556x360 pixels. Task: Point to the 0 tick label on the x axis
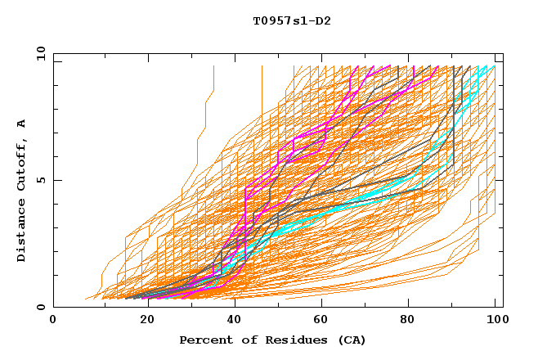click(54, 320)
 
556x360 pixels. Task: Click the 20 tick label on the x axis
click(143, 320)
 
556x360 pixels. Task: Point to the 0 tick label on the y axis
click(42, 308)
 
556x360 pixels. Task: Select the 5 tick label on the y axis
click(42, 180)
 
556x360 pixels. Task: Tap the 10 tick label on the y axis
click(38, 53)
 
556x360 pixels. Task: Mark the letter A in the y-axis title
click(22, 124)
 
